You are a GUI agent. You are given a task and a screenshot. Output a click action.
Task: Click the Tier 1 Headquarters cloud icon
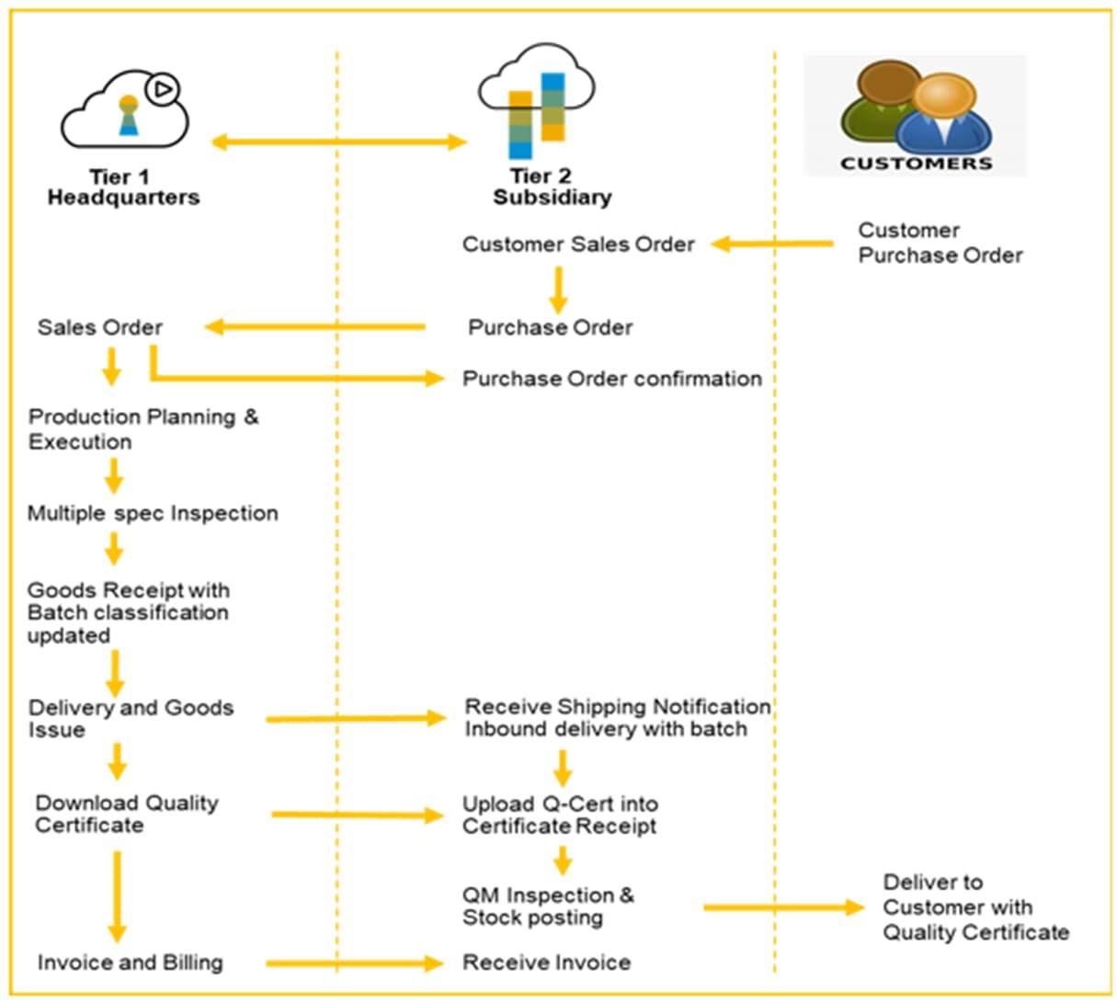tap(125, 108)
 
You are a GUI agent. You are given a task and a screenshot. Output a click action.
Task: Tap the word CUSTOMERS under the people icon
tap(916, 164)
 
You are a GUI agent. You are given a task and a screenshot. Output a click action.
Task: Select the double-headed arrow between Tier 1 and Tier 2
tap(339, 142)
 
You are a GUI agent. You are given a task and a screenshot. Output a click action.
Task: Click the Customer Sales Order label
tap(577, 244)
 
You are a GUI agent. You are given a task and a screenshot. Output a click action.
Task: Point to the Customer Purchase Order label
tap(940, 243)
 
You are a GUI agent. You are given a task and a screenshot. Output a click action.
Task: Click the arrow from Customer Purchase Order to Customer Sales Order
tap(772, 244)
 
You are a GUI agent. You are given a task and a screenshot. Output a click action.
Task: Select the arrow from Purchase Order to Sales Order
tap(314, 327)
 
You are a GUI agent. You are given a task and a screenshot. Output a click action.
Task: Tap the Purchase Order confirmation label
tap(612, 379)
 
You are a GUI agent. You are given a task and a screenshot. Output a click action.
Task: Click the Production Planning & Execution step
tap(143, 429)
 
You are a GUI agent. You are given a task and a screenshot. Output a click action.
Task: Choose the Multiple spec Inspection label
tap(153, 513)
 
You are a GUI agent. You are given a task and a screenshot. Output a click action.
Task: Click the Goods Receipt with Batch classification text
tap(129, 612)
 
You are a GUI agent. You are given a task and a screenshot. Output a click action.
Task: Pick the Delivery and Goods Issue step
tap(131, 719)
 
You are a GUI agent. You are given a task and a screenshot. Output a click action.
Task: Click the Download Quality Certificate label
tap(127, 814)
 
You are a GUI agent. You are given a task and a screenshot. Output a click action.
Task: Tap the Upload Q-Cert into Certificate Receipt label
tap(560, 815)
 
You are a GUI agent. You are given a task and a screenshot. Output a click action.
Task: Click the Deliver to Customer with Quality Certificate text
tap(975, 907)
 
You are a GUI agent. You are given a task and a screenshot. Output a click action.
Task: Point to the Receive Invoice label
tap(546, 963)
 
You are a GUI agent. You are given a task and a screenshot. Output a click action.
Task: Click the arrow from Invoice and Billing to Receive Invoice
tap(355, 963)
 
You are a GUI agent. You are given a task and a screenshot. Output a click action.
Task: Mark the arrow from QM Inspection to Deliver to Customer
tap(784, 907)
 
